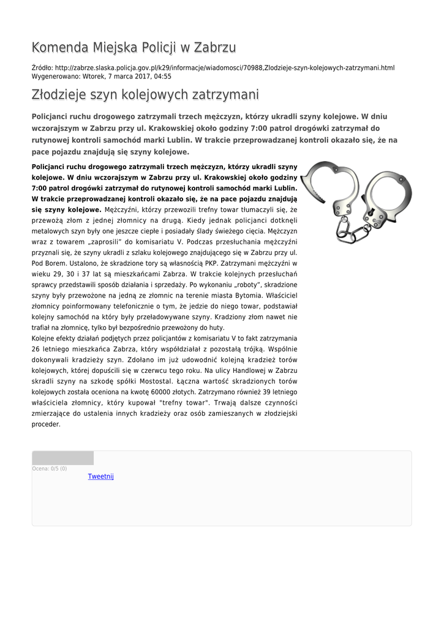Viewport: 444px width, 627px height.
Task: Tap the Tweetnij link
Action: pos(101,476)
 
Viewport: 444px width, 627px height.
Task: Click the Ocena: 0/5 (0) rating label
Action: pos(50,468)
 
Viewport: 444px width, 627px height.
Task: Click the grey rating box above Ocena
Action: pos(63,458)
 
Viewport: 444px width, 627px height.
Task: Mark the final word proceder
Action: pos(46,424)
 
